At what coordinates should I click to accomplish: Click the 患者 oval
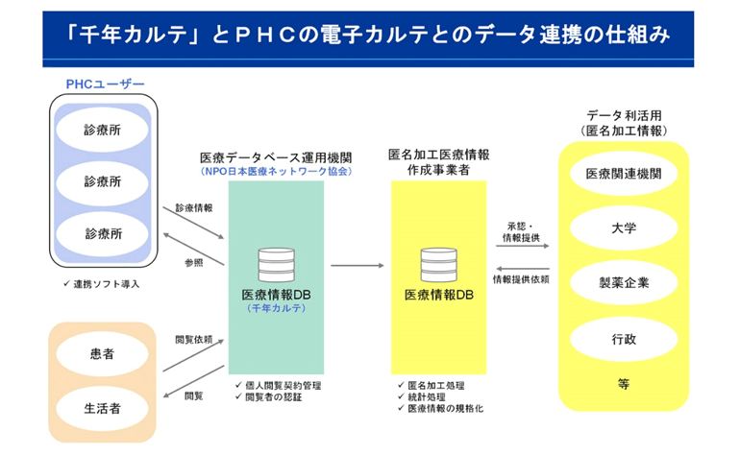[101, 355]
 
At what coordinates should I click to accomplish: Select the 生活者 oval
[101, 408]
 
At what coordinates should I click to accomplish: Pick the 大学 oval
[624, 228]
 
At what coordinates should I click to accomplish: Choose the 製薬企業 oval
[624, 283]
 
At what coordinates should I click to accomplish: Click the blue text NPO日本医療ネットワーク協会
[276, 171]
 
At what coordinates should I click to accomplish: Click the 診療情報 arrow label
[194, 206]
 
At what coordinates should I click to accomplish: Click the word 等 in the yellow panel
[624, 384]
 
